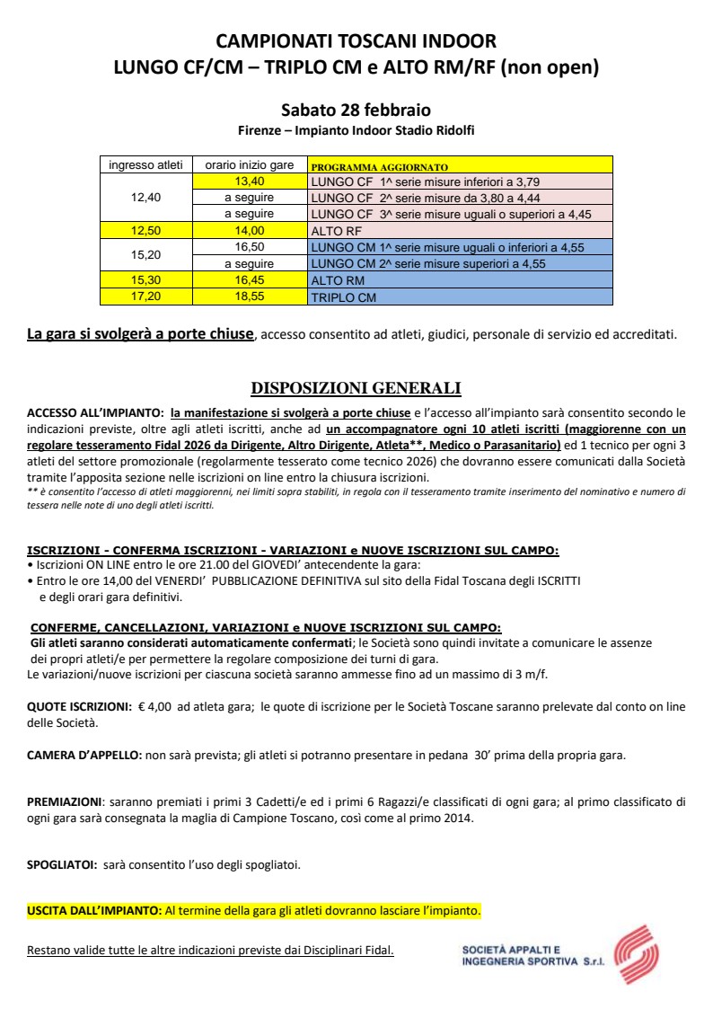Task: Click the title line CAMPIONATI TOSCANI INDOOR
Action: pos(356,41)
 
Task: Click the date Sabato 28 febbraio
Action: pos(356,111)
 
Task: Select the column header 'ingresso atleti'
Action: pos(146,165)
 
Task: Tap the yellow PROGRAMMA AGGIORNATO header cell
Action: pos(460,166)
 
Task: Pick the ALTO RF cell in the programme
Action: pos(460,231)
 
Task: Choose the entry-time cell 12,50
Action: pos(146,231)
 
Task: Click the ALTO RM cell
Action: pos(460,280)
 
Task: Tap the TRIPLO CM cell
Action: pos(460,297)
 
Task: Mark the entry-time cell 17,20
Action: pos(146,297)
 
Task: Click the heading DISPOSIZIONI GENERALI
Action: pos(356,388)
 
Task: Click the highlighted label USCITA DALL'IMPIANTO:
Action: pos(94,910)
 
